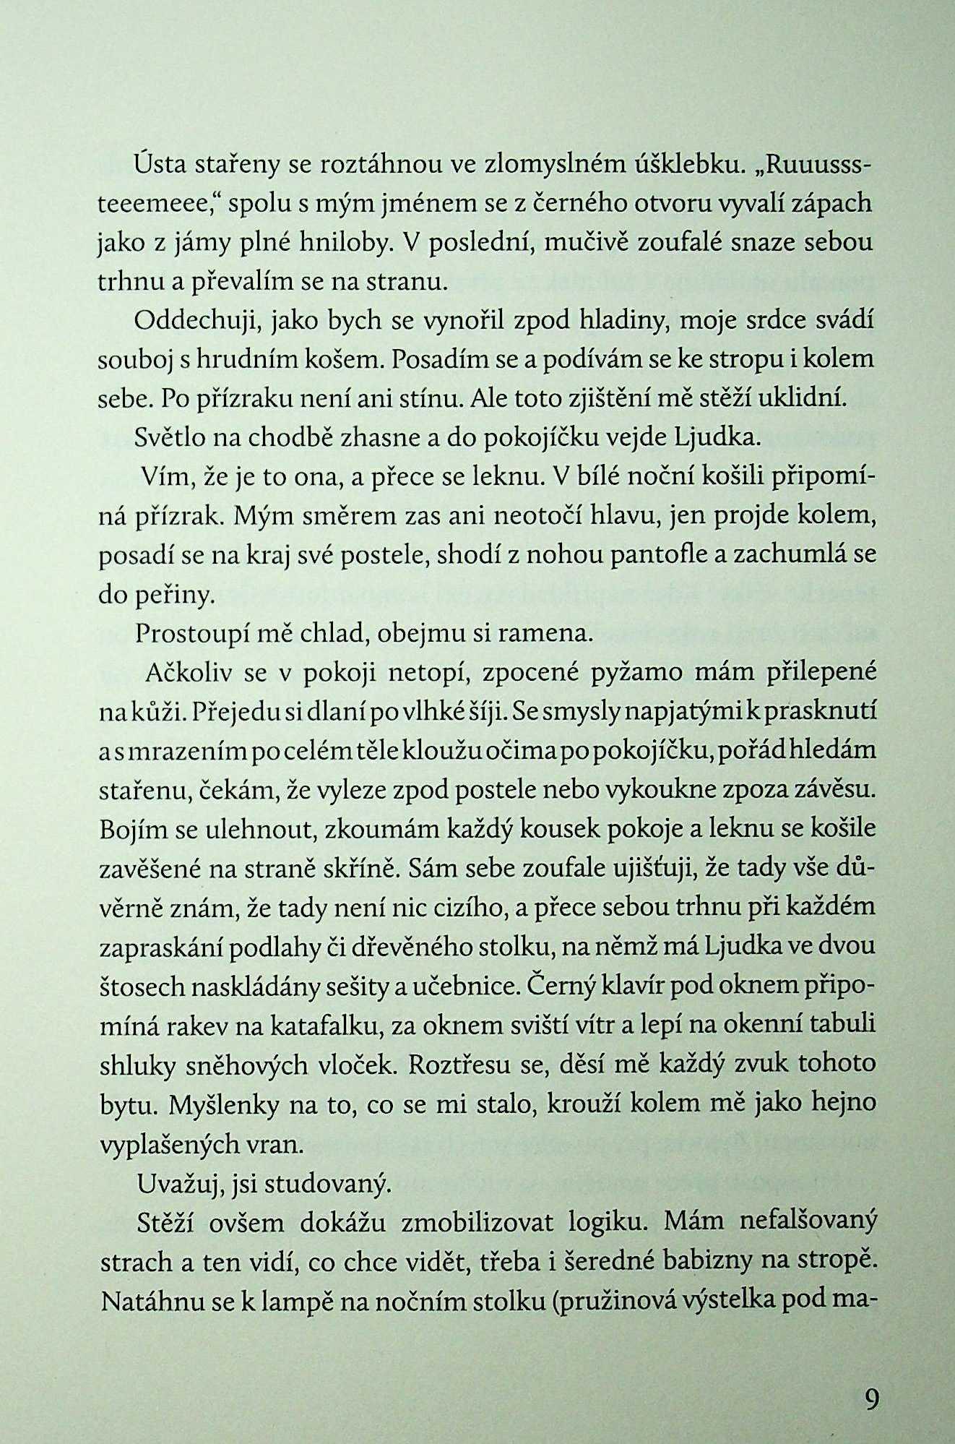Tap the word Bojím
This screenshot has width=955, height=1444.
click(x=127, y=829)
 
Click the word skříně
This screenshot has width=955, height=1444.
click(x=357, y=868)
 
